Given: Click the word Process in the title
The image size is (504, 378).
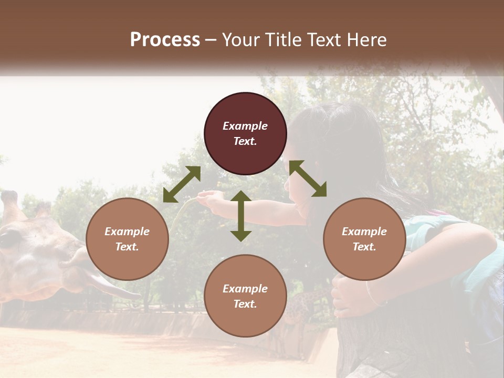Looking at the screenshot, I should tap(165, 40).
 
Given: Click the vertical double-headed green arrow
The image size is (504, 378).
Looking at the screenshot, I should tap(241, 216).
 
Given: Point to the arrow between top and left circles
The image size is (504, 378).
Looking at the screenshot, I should tap(182, 184).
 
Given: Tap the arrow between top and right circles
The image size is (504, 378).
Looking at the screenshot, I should tap(308, 178).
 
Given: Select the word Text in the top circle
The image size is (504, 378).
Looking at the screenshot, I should tap(245, 141).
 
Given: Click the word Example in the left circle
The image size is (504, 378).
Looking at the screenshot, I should tap(127, 232).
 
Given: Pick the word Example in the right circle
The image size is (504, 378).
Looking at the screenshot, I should tap(364, 232).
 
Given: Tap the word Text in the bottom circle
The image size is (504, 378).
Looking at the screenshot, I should tap(245, 304).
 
